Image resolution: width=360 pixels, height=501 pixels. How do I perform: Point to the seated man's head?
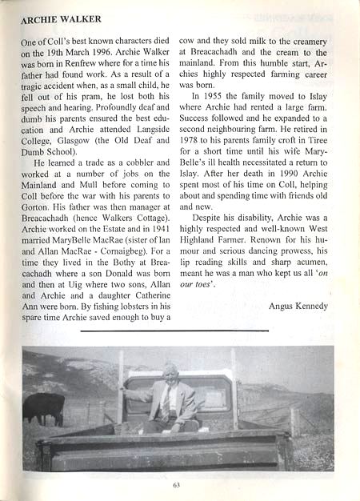pos(170,371)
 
